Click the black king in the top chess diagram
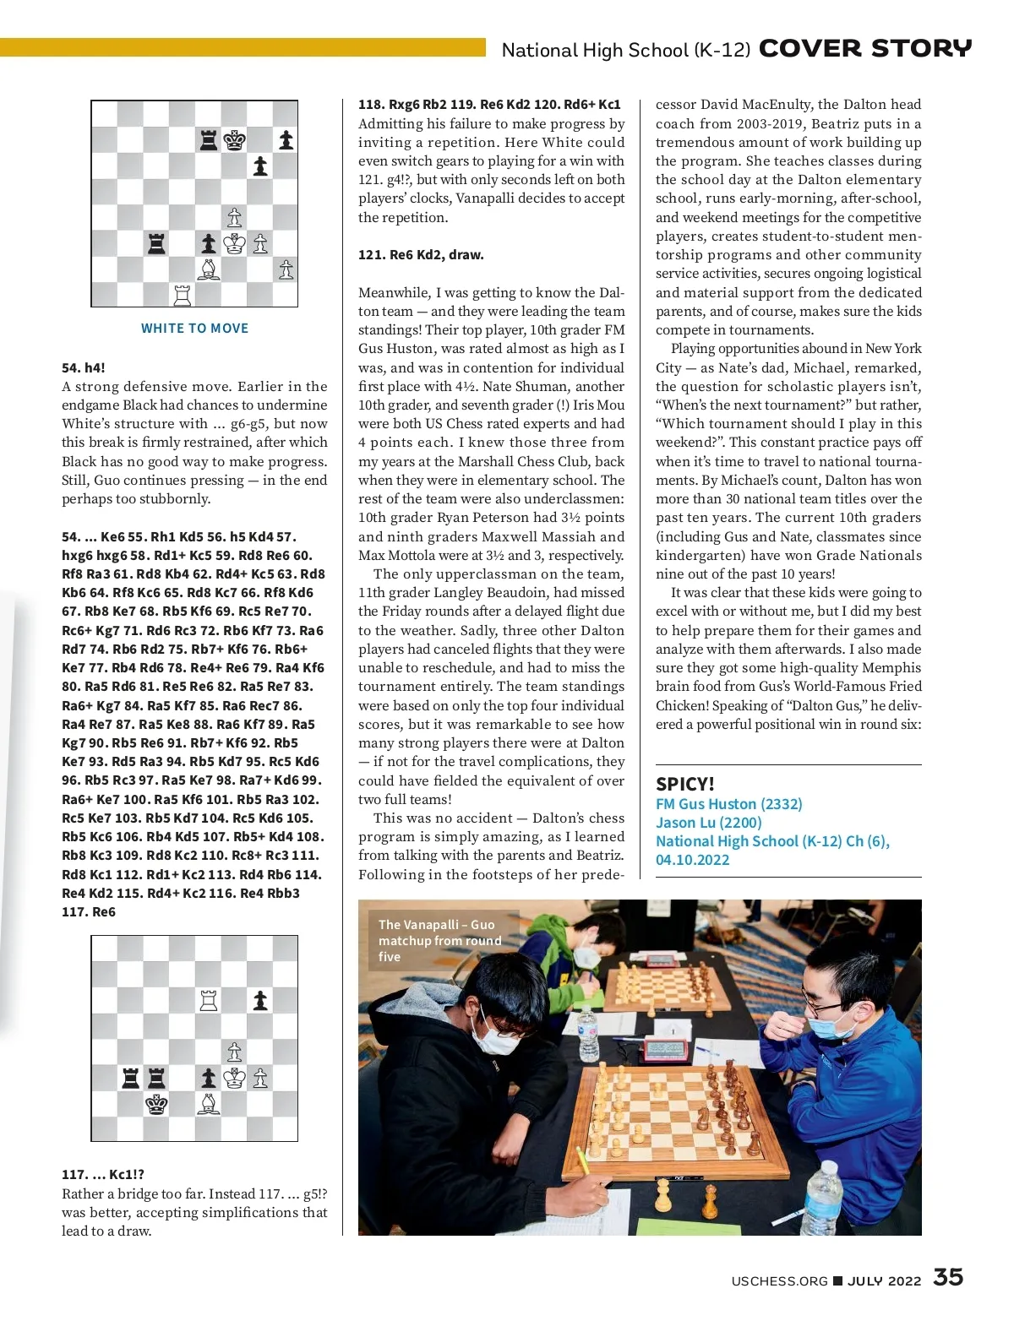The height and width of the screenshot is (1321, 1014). [234, 140]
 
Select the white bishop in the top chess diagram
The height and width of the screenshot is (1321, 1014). [208, 269]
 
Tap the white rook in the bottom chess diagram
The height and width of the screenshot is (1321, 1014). [208, 1001]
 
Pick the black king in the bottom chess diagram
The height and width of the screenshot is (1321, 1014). [156, 1104]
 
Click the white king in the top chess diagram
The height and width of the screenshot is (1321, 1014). [234, 244]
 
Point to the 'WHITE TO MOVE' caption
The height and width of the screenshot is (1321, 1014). [194, 329]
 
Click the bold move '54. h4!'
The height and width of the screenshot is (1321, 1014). [84, 367]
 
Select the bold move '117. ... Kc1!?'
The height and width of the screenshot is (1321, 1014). [103, 1174]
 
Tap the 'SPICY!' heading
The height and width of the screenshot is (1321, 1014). [685, 784]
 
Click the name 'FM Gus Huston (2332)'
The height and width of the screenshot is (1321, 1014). [728, 804]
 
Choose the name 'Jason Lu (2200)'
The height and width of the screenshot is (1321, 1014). [708, 823]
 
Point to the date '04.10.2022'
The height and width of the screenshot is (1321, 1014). [692, 860]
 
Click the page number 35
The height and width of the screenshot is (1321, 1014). [948, 1277]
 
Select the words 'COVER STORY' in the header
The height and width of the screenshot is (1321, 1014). [865, 49]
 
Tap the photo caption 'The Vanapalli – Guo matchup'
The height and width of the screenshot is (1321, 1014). [439, 940]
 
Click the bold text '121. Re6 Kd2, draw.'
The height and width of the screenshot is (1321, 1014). [421, 255]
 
